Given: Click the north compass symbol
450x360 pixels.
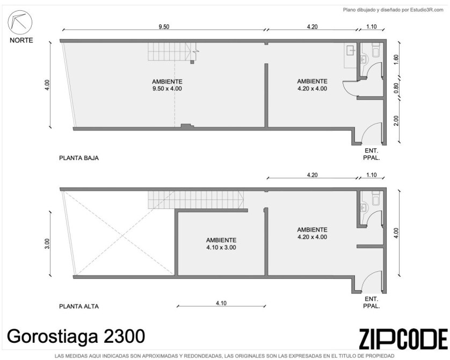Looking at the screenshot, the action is [20, 23].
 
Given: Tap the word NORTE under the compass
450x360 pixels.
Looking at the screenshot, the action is [21, 40].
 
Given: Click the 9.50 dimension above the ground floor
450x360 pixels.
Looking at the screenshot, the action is [164, 27].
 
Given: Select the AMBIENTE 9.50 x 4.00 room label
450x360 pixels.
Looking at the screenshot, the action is [167, 85].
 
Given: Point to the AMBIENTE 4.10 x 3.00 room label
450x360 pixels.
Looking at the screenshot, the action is [221, 244].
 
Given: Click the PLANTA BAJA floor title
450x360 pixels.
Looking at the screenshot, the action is [79, 158].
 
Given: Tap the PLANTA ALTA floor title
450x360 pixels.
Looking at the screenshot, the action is [79, 306].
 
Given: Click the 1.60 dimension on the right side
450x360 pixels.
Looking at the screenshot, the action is [396, 60].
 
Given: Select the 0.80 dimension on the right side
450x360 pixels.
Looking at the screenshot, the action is [396, 88].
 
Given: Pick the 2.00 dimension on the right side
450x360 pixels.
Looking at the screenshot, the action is [396, 120].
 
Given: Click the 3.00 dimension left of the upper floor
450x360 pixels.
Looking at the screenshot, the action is [47, 244].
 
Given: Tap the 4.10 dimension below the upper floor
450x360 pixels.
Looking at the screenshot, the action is [221, 303].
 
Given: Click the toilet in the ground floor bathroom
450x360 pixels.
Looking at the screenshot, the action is [376, 49].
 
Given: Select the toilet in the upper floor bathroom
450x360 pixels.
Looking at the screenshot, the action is [376, 198].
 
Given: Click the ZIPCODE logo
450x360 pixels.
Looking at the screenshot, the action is [403, 339].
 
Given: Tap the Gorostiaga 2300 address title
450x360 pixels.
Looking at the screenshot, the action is [76, 336].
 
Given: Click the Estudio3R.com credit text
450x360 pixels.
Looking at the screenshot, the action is [393, 10].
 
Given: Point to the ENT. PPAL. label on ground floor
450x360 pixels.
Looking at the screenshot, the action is [372, 154].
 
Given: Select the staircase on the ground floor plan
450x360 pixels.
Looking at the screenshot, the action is [172, 52].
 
